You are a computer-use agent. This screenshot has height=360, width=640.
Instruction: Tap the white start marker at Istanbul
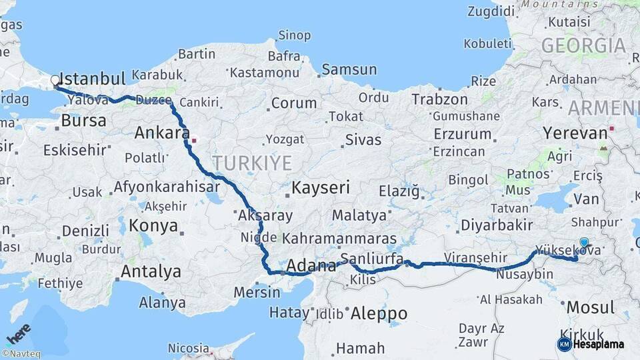[x=55, y=81]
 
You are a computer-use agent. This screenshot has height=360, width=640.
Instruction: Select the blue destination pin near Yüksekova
[x=585, y=243]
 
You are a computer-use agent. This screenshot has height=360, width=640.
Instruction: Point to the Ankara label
[x=162, y=133]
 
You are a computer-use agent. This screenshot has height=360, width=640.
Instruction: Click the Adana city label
[x=311, y=266]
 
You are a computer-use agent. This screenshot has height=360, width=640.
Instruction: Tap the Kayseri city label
[x=320, y=187]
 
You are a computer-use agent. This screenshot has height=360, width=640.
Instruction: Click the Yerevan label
[x=575, y=133]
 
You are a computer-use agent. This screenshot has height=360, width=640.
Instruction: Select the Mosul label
[x=590, y=307]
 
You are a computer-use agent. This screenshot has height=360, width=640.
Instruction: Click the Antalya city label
[x=151, y=271]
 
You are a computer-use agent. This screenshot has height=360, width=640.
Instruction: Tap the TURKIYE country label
[x=253, y=163]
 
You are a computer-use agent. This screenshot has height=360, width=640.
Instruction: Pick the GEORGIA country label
[x=583, y=45]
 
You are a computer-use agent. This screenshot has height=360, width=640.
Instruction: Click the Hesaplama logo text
[x=598, y=345]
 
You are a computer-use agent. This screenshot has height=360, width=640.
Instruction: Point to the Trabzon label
[x=439, y=99]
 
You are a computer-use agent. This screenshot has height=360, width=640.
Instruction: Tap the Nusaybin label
[x=525, y=274]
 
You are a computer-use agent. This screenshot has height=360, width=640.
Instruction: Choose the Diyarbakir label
[x=497, y=224]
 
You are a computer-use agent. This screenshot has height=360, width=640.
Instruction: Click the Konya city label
[x=153, y=225]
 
